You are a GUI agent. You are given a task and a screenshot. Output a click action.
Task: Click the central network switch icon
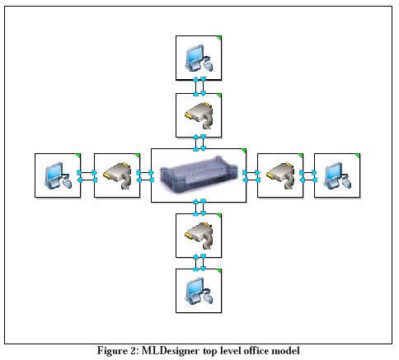pos(199,173)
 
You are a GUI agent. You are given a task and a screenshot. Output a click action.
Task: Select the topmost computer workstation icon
pos(199,58)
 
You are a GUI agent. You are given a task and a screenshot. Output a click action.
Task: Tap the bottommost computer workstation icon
pos(199,291)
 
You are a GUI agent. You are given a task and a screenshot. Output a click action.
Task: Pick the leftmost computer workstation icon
pos(58,175)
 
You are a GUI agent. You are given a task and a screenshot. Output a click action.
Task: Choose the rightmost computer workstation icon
pos(337,175)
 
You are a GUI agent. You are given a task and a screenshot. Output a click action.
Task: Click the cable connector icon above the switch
pos(199,115)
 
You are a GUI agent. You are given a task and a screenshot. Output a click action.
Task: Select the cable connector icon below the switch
pos(199,236)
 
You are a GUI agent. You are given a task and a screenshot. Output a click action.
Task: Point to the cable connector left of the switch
pos(117,175)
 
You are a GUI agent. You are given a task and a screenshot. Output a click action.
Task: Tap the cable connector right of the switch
pos(280,175)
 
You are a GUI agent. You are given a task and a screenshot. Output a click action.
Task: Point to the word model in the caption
pos(285,351)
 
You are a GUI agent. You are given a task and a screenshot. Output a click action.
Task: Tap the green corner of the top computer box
pos(219,38)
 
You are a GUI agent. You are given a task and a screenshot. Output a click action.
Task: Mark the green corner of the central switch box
pos(243,151)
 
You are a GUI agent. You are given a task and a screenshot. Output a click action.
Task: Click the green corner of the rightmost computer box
pos(357,156)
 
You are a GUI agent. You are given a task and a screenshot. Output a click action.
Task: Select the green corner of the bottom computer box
pos(219,271)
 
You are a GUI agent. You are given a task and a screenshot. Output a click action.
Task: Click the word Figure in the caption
pos(112,351)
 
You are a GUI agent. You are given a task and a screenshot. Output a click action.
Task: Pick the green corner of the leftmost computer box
pos(77,156)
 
